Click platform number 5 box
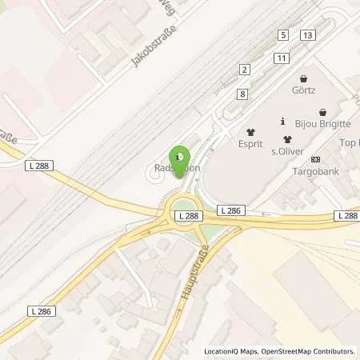(x=283, y=34)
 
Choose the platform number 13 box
(x=308, y=34)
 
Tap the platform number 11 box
(x=280, y=58)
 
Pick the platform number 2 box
(x=243, y=70)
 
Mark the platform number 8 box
(x=242, y=94)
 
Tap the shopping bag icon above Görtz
(x=304, y=79)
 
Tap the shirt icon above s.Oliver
(x=286, y=138)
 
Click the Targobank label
(x=315, y=172)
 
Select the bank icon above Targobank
(x=315, y=159)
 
